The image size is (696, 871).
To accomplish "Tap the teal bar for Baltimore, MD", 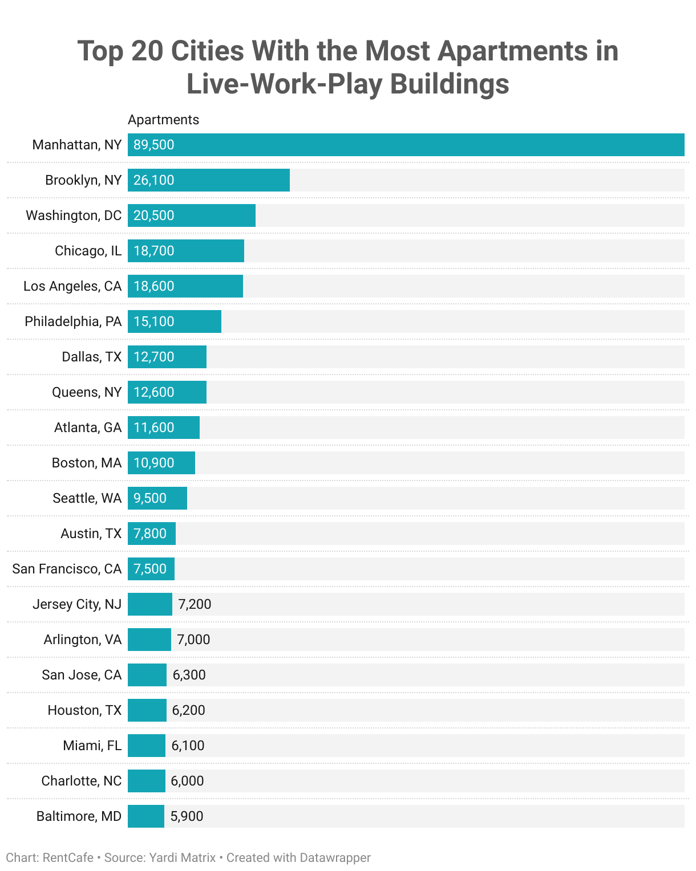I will click(146, 816).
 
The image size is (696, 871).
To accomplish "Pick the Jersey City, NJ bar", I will click(149, 604).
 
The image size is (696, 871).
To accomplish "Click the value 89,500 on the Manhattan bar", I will click(154, 145).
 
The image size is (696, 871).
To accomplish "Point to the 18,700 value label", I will click(154, 251).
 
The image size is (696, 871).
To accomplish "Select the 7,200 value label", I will click(195, 604).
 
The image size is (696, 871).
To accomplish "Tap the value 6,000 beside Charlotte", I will click(187, 781).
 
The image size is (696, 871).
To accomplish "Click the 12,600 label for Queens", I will click(154, 392).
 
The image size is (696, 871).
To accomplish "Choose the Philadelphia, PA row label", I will click(73, 321).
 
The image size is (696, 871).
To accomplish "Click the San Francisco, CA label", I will click(67, 569).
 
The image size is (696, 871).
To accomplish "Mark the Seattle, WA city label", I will click(87, 498).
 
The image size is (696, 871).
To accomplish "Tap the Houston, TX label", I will click(84, 710).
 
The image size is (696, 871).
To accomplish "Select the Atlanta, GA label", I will click(88, 428).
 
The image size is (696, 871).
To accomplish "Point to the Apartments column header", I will click(163, 120).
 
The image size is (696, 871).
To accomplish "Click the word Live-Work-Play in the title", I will click(284, 84).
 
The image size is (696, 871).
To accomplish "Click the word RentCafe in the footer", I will click(68, 857).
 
